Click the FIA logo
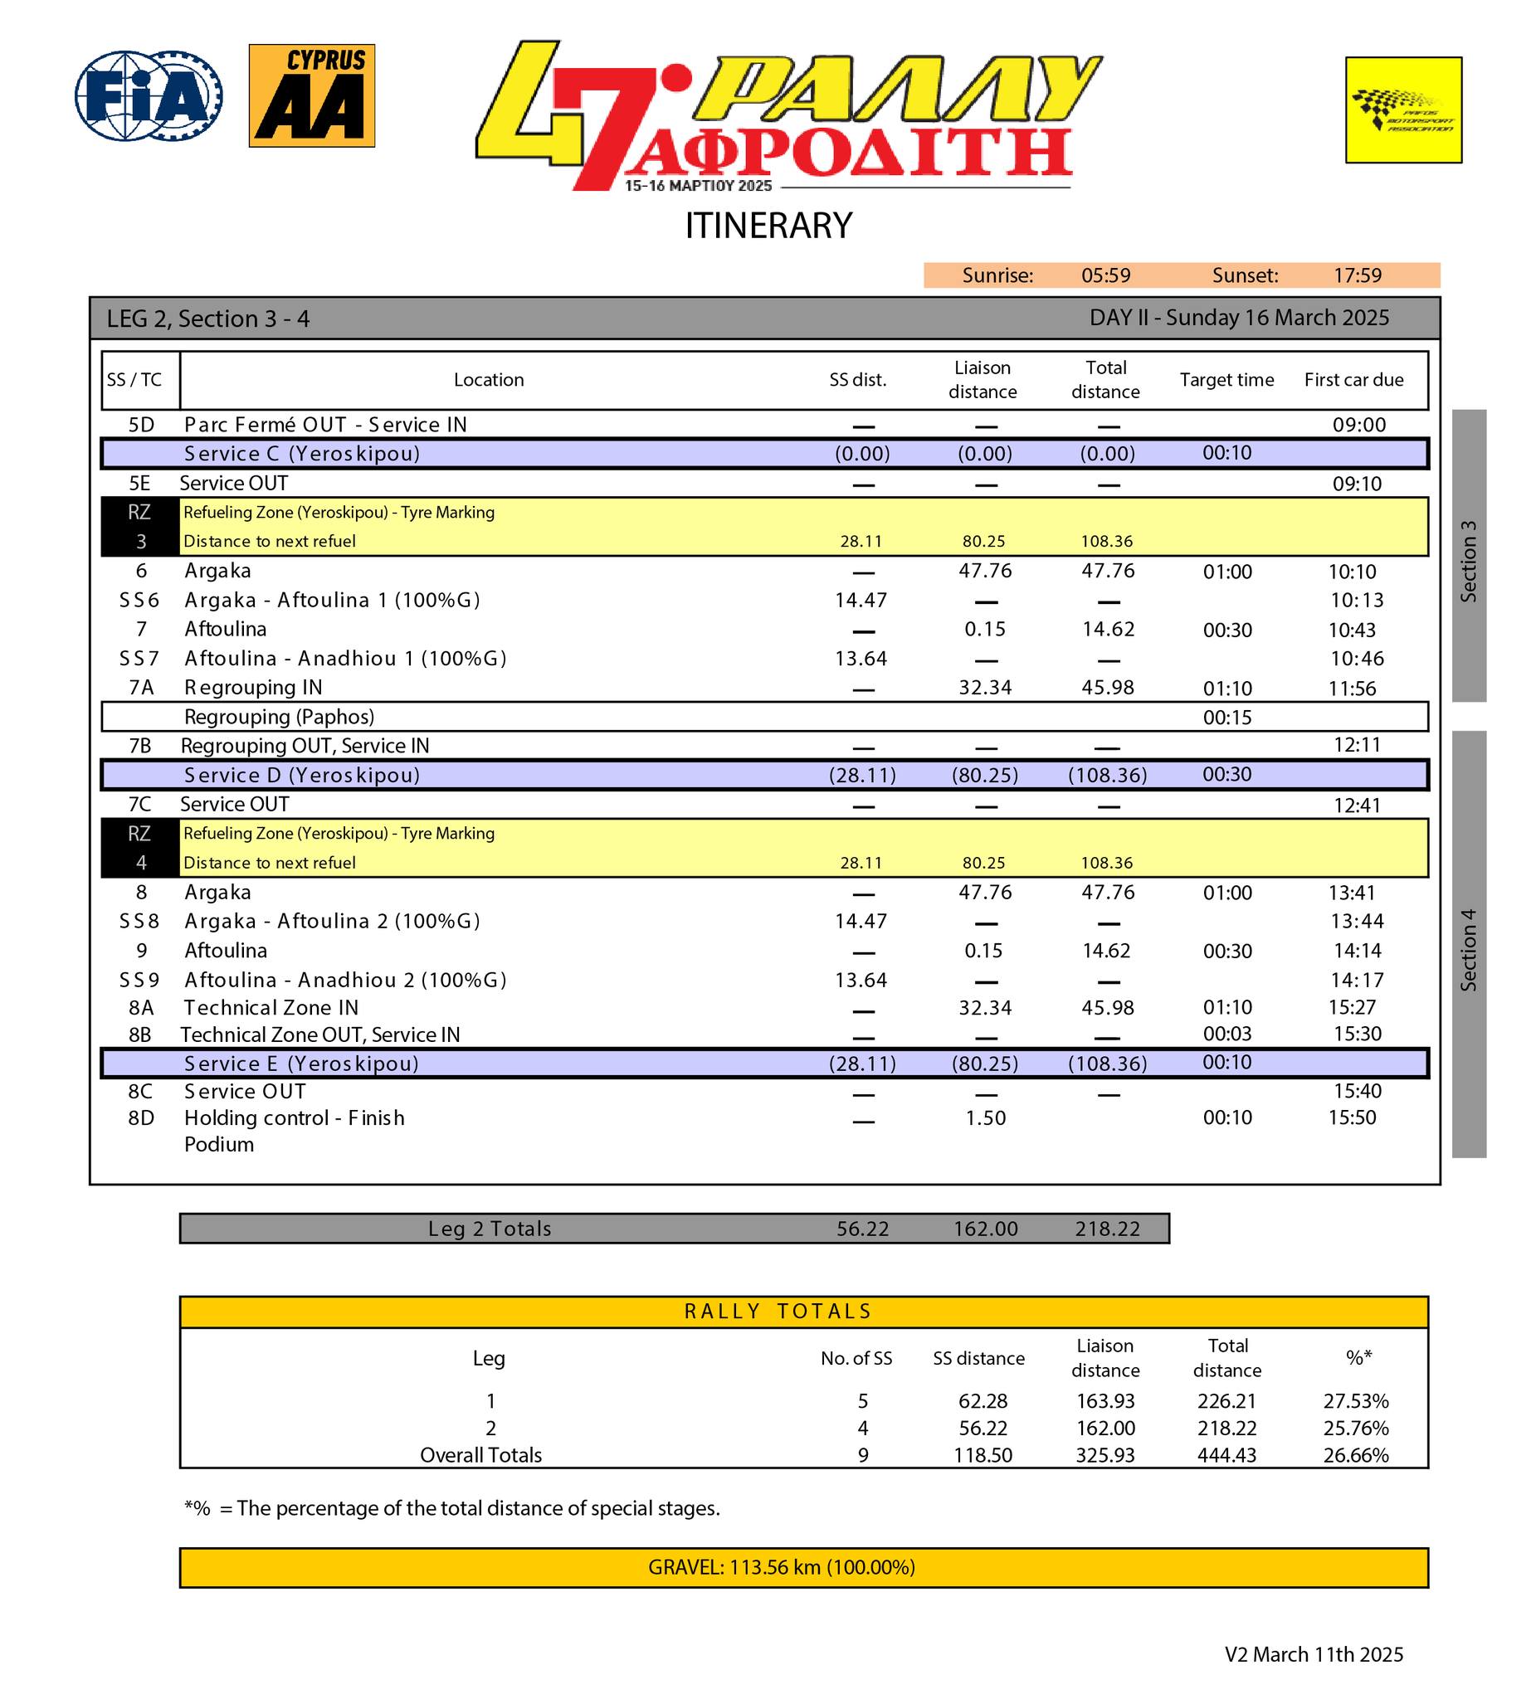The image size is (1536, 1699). pyautogui.click(x=149, y=95)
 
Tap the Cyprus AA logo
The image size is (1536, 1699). pyautogui.click(x=311, y=95)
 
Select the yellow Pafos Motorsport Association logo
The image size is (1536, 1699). pyautogui.click(x=1402, y=110)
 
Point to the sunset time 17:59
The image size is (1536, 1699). pyautogui.click(x=1357, y=275)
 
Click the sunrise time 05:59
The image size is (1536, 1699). pyautogui.click(x=1105, y=275)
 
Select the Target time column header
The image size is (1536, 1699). pyautogui.click(x=1226, y=380)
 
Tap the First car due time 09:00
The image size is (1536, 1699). pyautogui.click(x=1358, y=425)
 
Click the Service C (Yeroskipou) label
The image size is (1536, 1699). pyautogui.click(x=302, y=454)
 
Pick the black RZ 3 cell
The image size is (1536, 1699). pyautogui.click(x=140, y=527)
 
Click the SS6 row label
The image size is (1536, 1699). pyautogui.click(x=139, y=600)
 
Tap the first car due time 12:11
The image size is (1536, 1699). pyautogui.click(x=1357, y=745)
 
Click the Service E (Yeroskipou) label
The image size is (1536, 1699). pyautogui.click(x=301, y=1064)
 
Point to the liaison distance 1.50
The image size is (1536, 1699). pyautogui.click(x=985, y=1118)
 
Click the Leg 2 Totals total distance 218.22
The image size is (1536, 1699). pyautogui.click(x=1107, y=1229)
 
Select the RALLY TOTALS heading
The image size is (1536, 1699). pyautogui.click(x=778, y=1312)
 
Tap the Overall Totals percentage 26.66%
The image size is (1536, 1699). pyautogui.click(x=1355, y=1455)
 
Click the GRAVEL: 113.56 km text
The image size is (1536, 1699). pyautogui.click(x=781, y=1568)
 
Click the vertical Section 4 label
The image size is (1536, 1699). pyautogui.click(x=1468, y=949)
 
